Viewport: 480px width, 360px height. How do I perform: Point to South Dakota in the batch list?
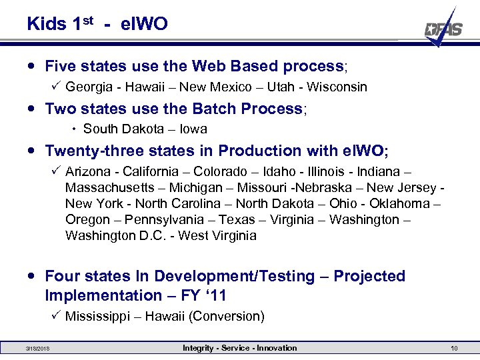coord(123,129)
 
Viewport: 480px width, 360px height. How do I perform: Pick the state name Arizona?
coord(87,171)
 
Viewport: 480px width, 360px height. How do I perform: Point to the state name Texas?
coord(237,219)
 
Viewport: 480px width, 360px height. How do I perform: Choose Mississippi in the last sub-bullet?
coord(97,316)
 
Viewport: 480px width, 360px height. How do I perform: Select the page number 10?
coord(454,348)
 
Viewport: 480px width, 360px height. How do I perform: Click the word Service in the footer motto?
coord(239,348)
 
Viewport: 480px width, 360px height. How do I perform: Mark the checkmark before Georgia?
coord(56,86)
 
